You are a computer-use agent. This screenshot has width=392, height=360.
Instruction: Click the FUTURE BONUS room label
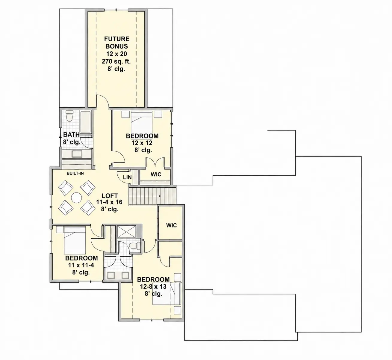(x=117, y=43)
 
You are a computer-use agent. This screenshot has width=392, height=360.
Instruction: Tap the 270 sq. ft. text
(x=116, y=61)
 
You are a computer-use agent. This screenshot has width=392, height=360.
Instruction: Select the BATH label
(x=71, y=135)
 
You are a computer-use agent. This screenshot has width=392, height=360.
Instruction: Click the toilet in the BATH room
(x=69, y=116)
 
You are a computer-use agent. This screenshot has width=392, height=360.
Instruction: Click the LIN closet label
(x=127, y=177)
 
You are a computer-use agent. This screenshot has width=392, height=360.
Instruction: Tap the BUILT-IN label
(x=75, y=173)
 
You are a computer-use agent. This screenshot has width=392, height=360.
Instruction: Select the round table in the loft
(x=76, y=198)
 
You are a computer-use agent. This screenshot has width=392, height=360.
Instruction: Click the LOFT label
(x=110, y=196)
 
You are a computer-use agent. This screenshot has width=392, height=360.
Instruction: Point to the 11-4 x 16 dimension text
(x=109, y=202)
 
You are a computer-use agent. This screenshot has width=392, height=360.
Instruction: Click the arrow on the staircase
(x=144, y=196)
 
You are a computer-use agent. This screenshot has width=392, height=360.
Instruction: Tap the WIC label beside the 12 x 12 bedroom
(x=156, y=174)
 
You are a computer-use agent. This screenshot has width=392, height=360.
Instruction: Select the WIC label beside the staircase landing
(x=171, y=225)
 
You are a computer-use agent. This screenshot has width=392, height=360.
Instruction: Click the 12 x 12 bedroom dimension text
(x=142, y=143)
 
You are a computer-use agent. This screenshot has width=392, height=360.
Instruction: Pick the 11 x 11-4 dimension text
(x=81, y=265)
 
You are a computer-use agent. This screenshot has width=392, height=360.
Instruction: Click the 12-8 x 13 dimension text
(x=153, y=287)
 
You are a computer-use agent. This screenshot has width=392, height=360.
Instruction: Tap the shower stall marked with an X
(x=126, y=232)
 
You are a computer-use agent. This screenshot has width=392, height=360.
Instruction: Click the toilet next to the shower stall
(x=135, y=245)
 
